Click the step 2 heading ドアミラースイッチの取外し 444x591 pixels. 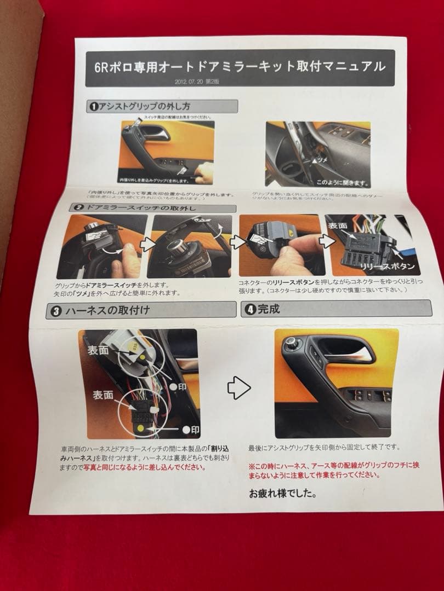(x=151, y=208)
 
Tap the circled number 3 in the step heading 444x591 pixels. (x=55, y=310)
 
